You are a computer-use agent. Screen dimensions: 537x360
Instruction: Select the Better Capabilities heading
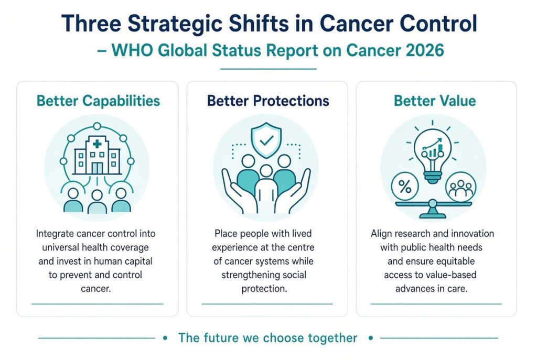click(98, 101)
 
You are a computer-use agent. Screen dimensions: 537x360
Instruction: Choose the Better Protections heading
click(268, 101)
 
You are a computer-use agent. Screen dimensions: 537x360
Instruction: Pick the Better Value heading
click(435, 101)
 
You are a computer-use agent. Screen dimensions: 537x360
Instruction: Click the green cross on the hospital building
click(97, 144)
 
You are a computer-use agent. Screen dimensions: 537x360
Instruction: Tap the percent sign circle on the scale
click(405, 187)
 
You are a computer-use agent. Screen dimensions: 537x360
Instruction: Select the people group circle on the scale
click(460, 187)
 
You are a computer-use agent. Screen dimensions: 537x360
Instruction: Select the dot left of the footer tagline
click(165, 338)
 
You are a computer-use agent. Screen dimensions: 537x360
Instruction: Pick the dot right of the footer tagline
click(371, 338)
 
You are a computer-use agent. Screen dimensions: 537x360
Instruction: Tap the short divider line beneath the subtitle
click(268, 69)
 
